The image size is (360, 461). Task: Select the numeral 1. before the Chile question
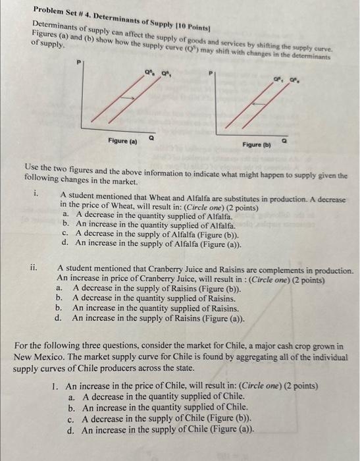[x=55, y=387]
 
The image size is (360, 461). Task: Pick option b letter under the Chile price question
[x=71, y=408]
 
